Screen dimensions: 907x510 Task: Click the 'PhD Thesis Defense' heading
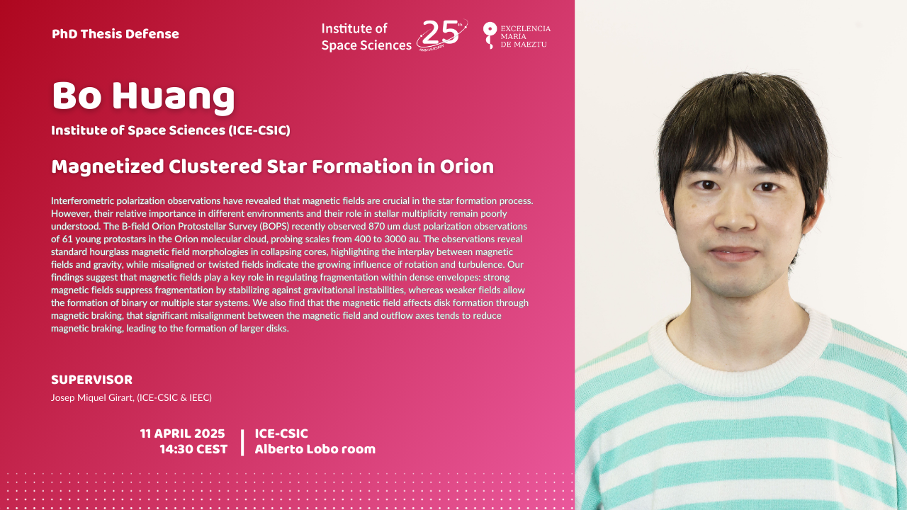(x=116, y=34)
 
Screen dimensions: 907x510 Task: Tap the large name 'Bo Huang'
(x=143, y=96)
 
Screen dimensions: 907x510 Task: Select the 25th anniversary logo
(x=442, y=35)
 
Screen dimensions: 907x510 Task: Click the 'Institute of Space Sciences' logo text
(x=366, y=37)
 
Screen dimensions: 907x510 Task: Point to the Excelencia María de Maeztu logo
(x=517, y=35)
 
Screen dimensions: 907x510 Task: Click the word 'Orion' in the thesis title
(x=467, y=166)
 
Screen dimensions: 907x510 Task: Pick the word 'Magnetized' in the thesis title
(x=107, y=166)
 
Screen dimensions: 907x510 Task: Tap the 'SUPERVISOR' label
(x=92, y=380)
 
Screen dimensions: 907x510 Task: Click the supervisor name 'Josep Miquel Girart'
(x=92, y=397)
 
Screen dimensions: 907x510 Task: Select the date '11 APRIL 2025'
(x=182, y=433)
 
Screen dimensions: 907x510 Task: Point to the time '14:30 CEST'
(x=193, y=449)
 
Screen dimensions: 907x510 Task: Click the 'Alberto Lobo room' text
(x=315, y=449)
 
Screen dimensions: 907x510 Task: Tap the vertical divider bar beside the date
(x=242, y=443)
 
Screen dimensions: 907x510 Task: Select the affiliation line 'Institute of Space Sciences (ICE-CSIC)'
(x=171, y=130)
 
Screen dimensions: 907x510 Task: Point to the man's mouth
(x=733, y=254)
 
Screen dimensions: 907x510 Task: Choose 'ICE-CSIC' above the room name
(x=281, y=433)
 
